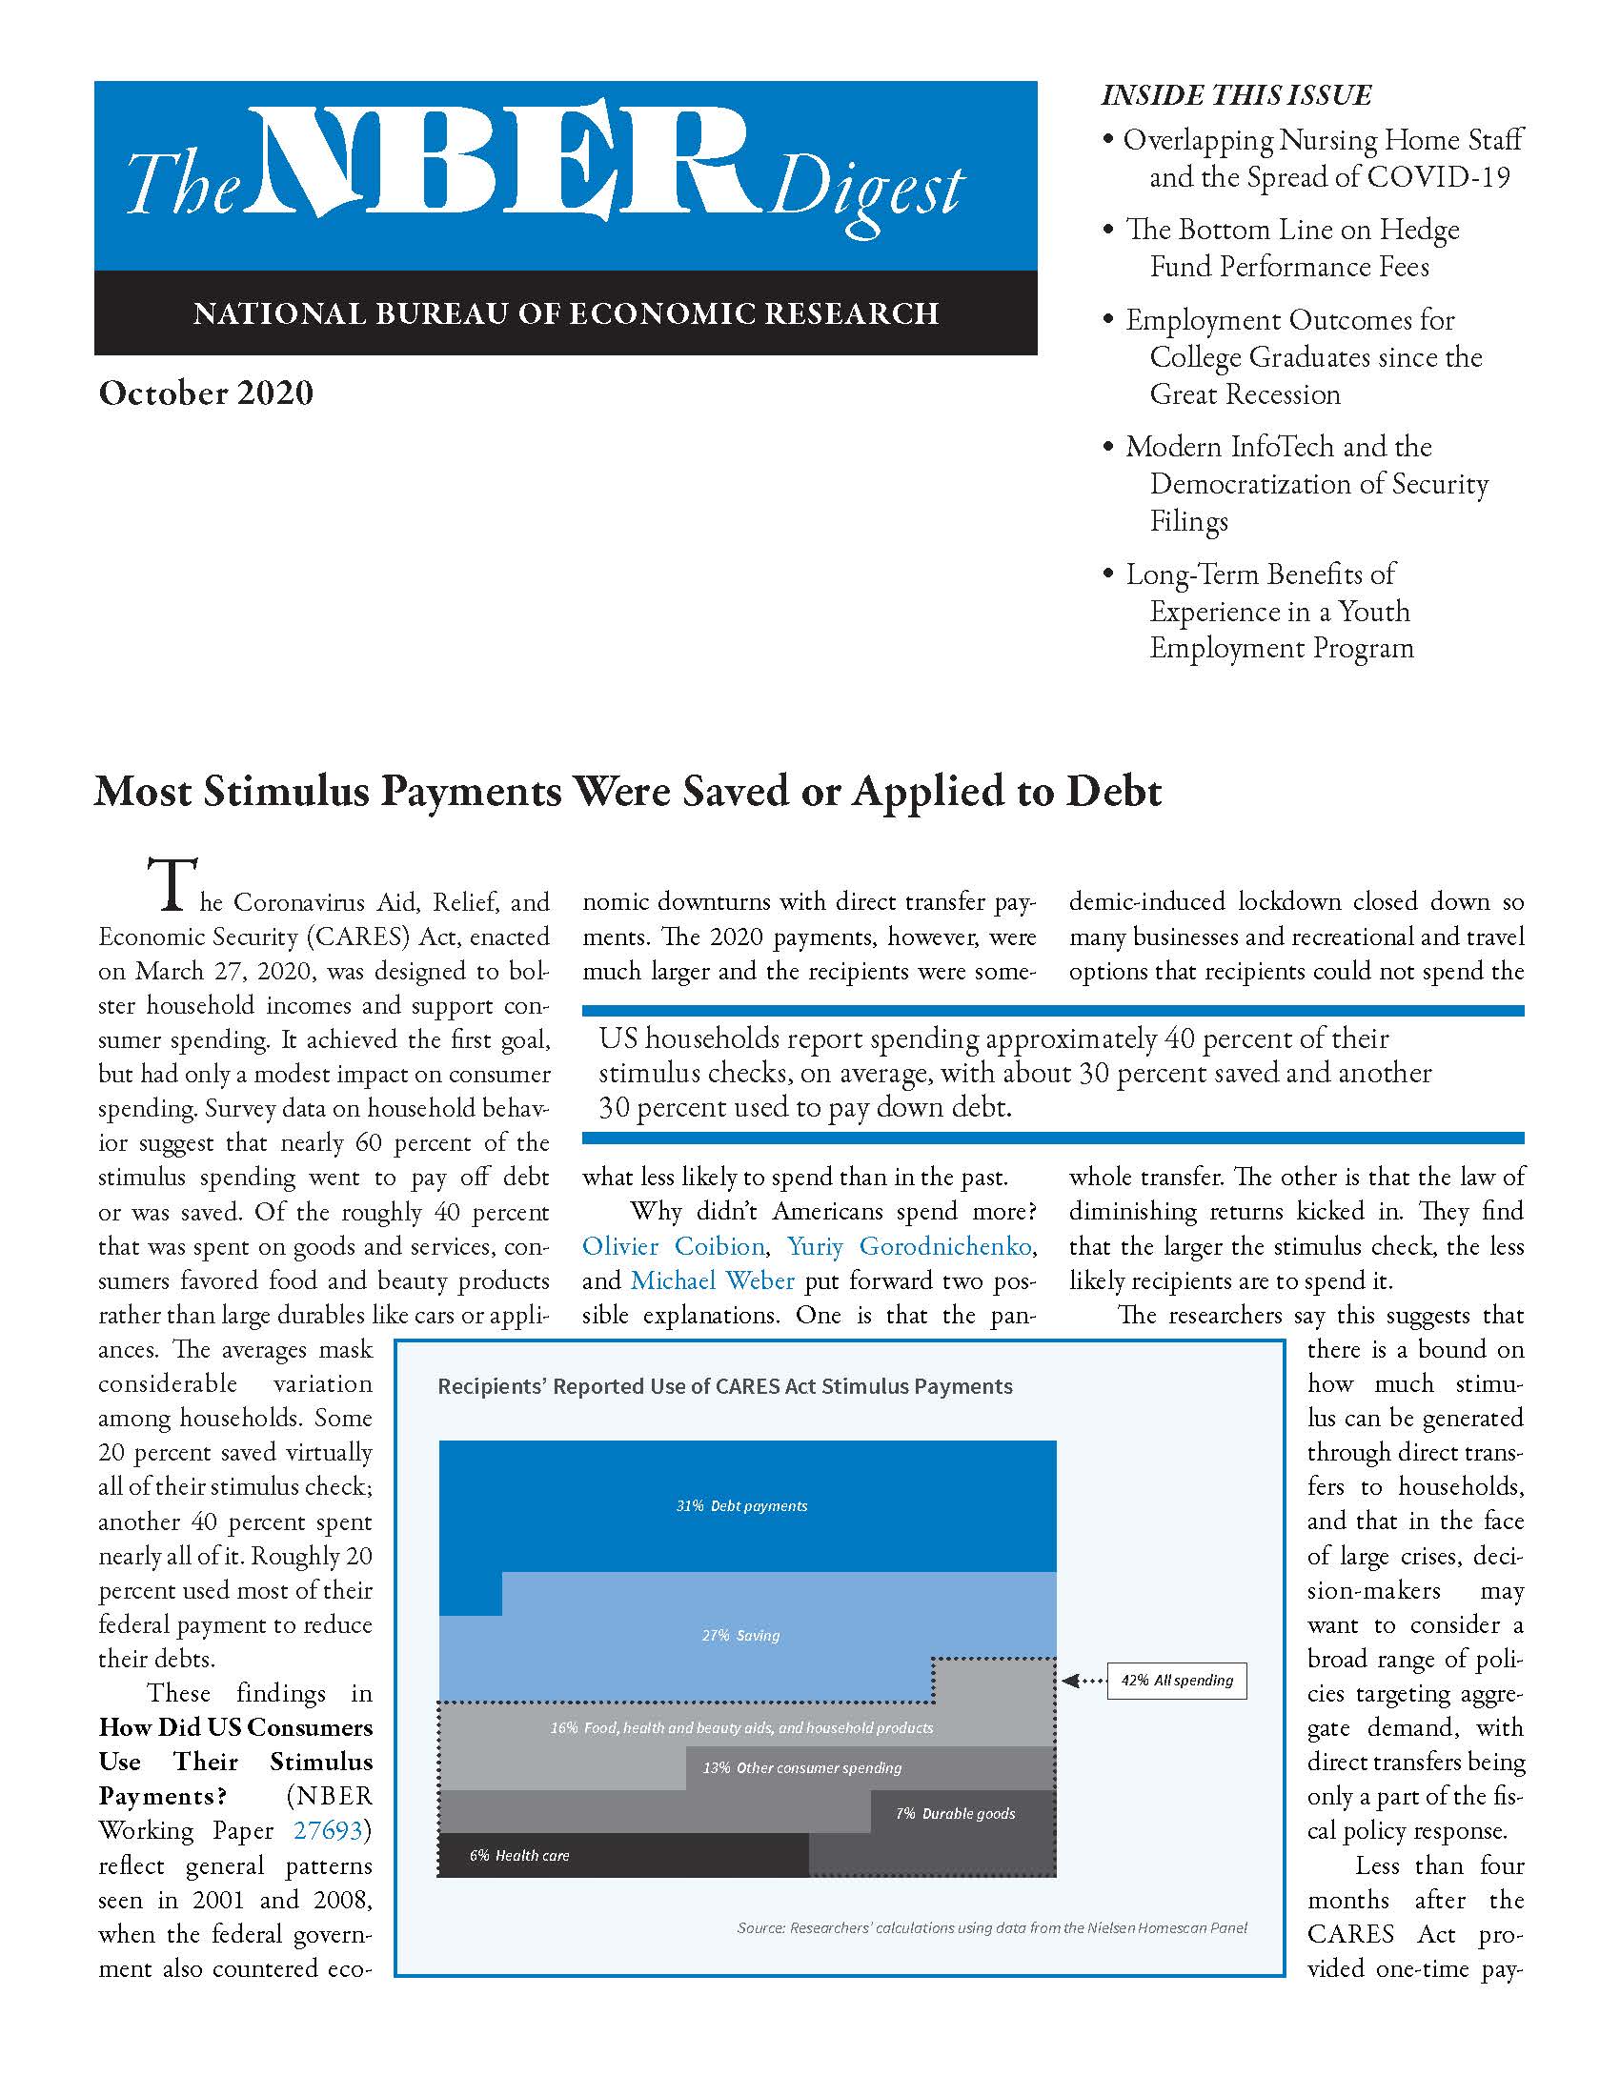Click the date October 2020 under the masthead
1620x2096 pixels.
click(206, 393)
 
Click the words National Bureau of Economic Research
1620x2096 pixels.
click(565, 313)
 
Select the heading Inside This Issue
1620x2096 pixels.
click(1236, 95)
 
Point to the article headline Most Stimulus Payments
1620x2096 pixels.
click(628, 792)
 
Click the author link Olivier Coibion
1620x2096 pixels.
click(673, 1246)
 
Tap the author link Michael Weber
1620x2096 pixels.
click(712, 1280)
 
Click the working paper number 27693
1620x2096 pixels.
click(328, 1830)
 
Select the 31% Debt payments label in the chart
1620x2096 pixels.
click(740, 1505)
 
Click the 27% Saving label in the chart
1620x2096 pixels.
click(740, 1635)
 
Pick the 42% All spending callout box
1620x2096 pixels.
click(1177, 1681)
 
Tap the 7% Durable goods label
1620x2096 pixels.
click(955, 1813)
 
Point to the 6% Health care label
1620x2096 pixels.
click(519, 1855)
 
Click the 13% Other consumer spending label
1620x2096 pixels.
click(802, 1766)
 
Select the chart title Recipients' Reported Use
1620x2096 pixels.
click(724, 1386)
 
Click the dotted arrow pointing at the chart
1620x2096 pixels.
click(1083, 1681)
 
